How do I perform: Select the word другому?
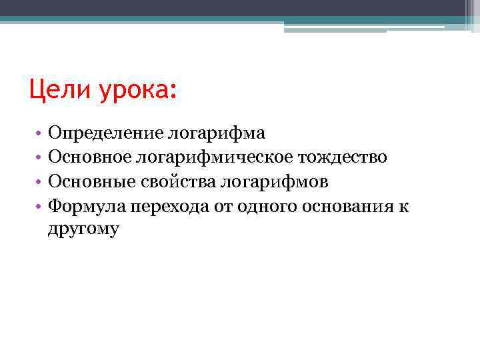(x=83, y=229)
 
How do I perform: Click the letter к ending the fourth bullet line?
(x=404, y=206)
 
